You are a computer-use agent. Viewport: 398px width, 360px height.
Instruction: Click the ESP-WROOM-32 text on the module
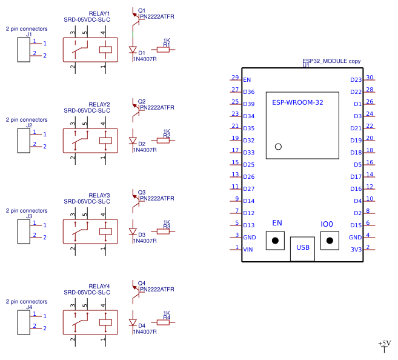click(297, 103)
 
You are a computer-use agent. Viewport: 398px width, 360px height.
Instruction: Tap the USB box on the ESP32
click(302, 247)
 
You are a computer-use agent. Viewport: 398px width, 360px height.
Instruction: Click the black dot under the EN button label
click(276, 241)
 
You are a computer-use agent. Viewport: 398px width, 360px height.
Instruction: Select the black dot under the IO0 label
click(330, 241)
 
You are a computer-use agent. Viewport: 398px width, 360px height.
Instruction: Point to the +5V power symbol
click(385, 346)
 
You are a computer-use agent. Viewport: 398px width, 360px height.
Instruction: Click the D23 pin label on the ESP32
click(356, 80)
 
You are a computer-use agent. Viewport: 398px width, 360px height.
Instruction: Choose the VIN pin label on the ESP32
click(248, 250)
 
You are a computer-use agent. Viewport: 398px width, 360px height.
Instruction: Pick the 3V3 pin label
click(356, 250)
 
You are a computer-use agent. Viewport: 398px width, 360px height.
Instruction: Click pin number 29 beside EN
click(234, 78)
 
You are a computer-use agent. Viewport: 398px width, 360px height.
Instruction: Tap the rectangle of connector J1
click(24, 48)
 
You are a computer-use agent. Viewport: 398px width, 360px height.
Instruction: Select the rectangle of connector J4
click(24, 321)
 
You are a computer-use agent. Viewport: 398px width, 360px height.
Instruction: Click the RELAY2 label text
click(99, 104)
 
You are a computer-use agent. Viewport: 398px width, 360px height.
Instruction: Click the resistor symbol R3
click(164, 231)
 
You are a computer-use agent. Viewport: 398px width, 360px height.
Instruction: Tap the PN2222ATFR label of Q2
click(156, 107)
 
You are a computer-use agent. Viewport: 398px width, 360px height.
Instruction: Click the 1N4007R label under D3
click(145, 241)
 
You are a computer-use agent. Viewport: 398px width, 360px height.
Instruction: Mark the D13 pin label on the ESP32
click(248, 225)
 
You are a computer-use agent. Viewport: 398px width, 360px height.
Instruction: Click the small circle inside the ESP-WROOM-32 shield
click(278, 146)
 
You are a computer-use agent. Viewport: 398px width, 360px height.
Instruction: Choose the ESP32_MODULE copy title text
click(331, 61)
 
